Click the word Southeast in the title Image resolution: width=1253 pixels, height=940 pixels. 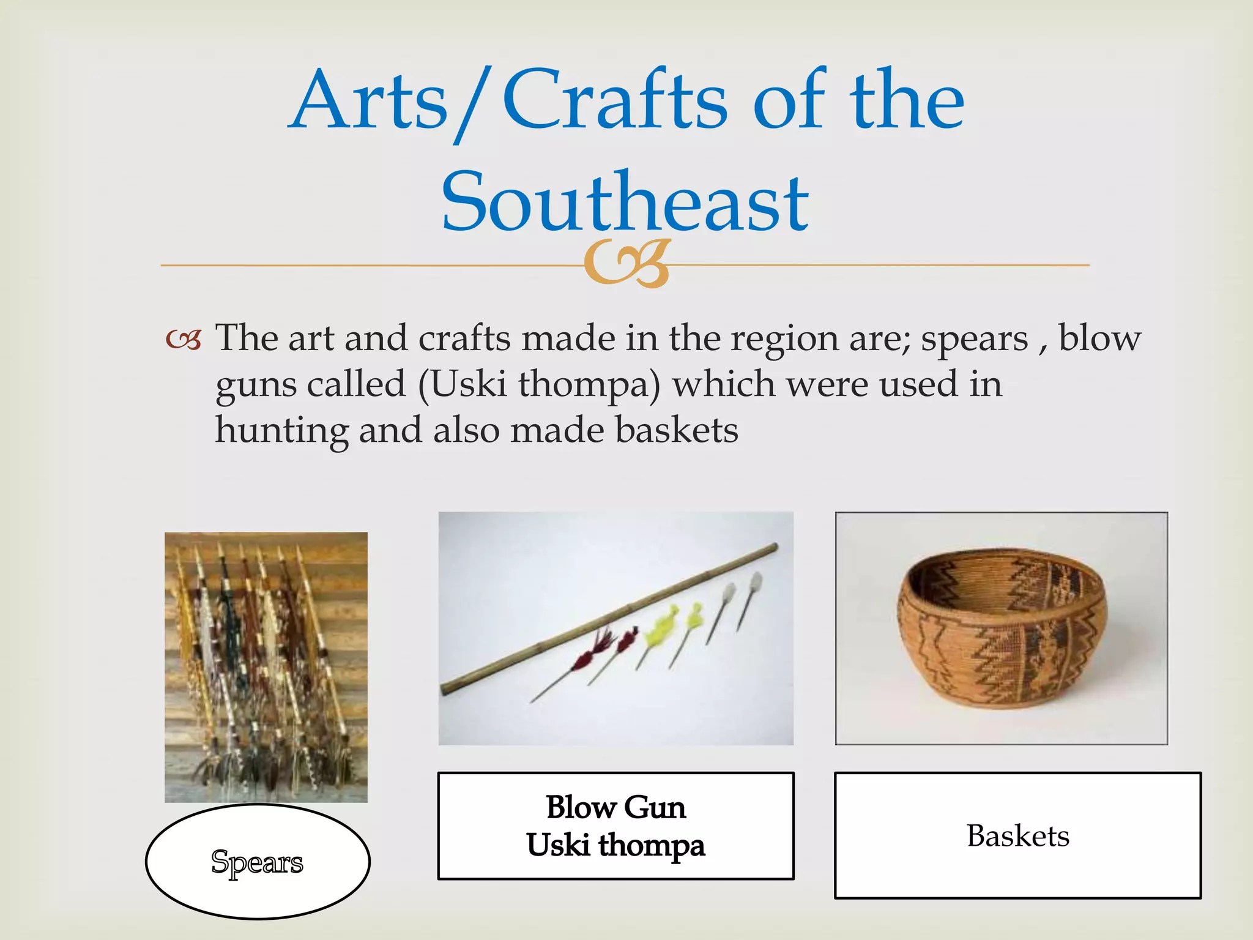(625, 202)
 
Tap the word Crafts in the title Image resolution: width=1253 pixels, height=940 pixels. (614, 101)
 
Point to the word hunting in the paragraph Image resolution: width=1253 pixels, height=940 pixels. (281, 431)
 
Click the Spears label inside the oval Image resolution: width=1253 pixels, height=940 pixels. (257, 862)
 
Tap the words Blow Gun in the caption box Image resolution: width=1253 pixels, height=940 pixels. (615, 807)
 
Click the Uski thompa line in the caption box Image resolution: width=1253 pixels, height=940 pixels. (615, 845)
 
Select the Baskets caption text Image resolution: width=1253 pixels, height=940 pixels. (1017, 836)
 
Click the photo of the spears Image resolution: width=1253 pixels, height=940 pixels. (266, 667)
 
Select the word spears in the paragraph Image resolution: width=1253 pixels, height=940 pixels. (974, 339)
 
